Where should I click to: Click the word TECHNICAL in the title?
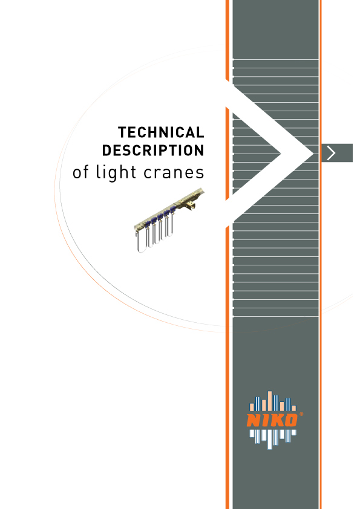[161, 132]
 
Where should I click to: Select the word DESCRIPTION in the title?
[153, 151]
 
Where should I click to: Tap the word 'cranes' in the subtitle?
[174, 173]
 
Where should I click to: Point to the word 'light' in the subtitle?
[116, 172]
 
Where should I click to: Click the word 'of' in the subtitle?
[80, 172]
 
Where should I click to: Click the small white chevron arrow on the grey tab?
[331, 153]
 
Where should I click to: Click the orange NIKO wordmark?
[272, 420]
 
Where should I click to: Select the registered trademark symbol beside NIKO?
[301, 414]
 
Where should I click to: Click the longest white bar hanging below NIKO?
[270, 439]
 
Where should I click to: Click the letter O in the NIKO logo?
[291, 420]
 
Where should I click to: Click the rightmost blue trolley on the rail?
[172, 211]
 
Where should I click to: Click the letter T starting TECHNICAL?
[122, 132]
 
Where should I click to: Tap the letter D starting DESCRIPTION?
[106, 151]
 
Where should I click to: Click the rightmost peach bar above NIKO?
[293, 409]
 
